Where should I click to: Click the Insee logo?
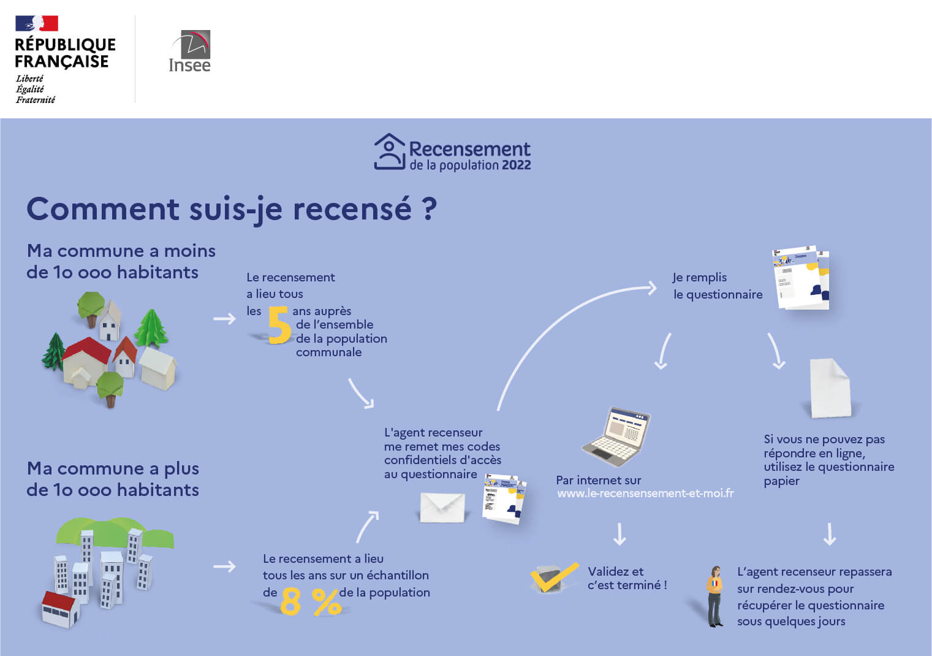point(190,52)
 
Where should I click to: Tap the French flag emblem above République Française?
point(37,23)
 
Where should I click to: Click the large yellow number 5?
point(279,326)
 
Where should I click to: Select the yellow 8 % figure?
point(310,602)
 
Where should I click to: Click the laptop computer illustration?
point(615,436)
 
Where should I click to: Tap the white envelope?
point(442,507)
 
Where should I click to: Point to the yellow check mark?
point(554,577)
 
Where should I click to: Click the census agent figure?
point(714,596)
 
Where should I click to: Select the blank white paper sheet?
point(830,388)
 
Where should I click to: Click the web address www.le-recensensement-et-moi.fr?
point(645,494)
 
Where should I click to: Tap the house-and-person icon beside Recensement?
point(389,151)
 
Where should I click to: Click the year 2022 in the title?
point(516,165)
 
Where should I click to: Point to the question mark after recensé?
point(430,209)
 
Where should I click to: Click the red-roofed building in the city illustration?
point(59,609)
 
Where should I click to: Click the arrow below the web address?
point(619,534)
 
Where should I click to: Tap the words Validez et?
point(615,571)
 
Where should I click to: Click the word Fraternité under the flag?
point(36,100)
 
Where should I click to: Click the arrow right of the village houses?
point(224,319)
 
